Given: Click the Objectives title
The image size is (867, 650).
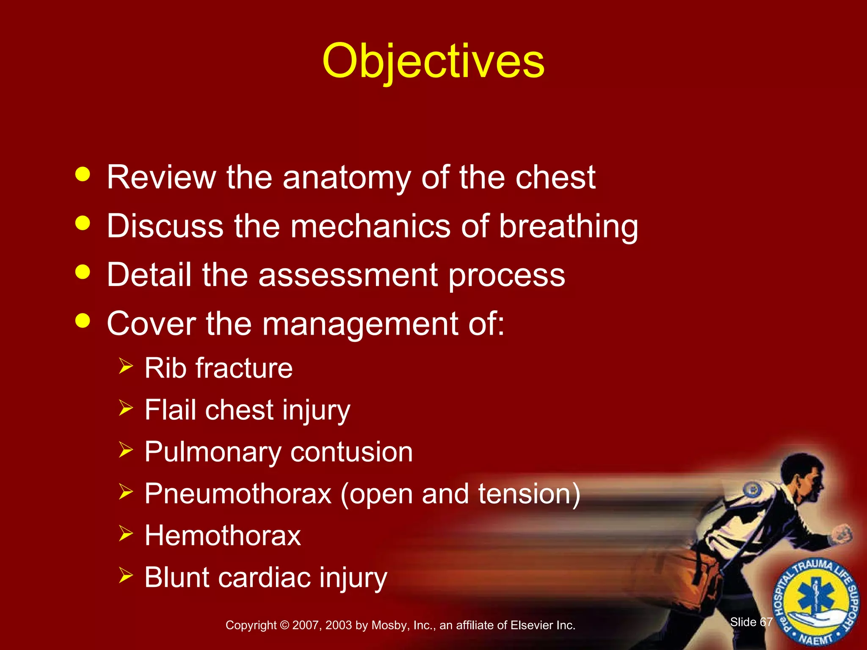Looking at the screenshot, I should click(433, 61).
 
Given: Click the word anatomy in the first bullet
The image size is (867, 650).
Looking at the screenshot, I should click(346, 178).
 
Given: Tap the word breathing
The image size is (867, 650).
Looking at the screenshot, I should click(568, 226).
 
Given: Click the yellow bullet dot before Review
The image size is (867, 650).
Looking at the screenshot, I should click(83, 174).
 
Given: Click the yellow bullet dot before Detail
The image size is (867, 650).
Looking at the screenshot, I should click(83, 272).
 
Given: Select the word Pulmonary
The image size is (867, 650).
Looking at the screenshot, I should click(213, 452).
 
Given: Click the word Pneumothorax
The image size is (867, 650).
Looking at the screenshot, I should click(238, 493).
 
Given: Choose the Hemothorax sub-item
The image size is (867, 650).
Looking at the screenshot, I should click(223, 535).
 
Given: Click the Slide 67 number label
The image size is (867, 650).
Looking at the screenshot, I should click(751, 622).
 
